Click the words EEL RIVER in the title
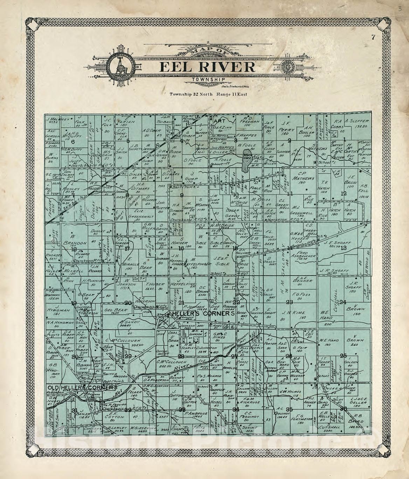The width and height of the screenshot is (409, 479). tap(207, 67)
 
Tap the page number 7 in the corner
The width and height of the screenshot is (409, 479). tap(373, 38)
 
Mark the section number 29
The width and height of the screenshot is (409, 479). tap(128, 356)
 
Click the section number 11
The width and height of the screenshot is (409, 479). tap(290, 194)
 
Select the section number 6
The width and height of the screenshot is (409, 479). tap(73, 142)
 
